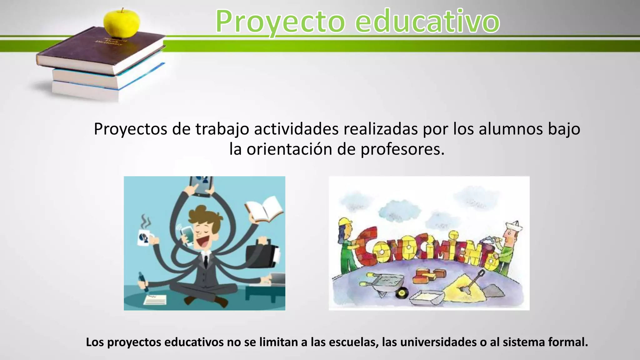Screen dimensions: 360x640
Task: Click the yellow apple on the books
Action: pos(122,22)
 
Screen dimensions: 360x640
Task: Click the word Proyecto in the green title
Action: pos(280,22)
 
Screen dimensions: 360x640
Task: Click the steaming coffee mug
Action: pos(145,237)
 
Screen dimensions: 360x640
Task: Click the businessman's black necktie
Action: pos(206,261)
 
